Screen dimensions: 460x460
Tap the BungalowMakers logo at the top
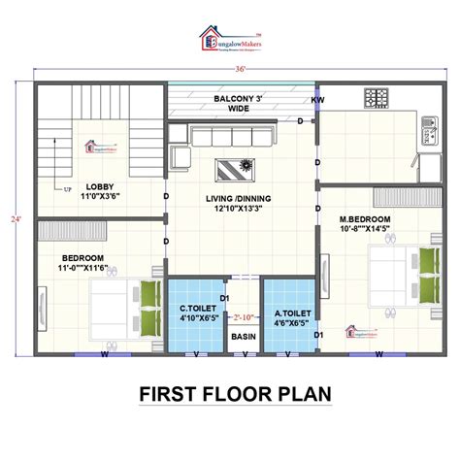click(230, 39)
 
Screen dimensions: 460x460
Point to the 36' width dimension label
click(230, 69)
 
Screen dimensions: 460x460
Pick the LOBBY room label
click(100, 191)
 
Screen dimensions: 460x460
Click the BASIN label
click(243, 337)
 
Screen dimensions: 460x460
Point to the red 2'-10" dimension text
click(244, 316)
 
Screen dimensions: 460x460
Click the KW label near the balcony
click(317, 100)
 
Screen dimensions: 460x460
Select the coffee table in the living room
click(235, 167)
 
